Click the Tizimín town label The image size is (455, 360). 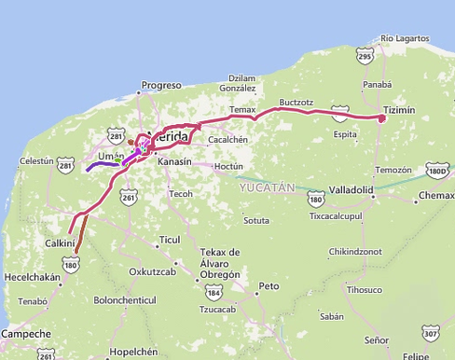pos(398,109)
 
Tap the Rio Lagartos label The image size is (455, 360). pos(405,38)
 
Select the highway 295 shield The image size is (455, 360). pos(365,58)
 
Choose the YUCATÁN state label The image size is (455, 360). pos(267,187)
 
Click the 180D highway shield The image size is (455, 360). pos(436,172)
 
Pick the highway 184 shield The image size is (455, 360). pos(214,294)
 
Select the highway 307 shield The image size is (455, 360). pos(430,333)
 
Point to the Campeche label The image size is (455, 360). pos(26,333)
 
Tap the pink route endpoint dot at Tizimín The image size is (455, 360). pos(381,118)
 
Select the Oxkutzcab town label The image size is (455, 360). pos(154,271)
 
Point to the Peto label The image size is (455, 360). pos(269,285)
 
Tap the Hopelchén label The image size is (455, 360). pos(134,352)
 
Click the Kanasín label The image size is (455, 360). pos(174,161)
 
